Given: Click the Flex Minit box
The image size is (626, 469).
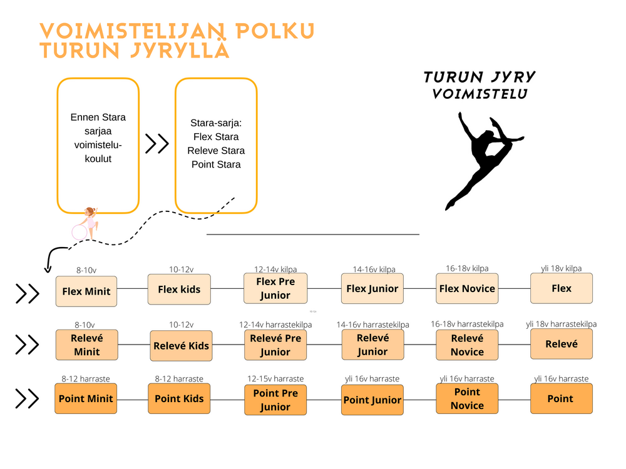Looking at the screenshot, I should point(86,291).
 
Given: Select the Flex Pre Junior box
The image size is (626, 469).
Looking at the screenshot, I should point(275,288).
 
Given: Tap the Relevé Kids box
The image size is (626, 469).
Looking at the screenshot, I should point(181,346).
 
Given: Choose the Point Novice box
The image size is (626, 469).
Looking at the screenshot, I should point(467,398).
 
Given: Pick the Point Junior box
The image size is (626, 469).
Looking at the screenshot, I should point(372,400).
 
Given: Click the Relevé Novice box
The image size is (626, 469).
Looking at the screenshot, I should point(467,345).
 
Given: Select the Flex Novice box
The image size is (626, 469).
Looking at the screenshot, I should point(467,288).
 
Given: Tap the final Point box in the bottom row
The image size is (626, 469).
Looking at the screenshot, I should point(561,398).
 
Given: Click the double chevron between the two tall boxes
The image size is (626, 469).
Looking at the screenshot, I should point(157,143).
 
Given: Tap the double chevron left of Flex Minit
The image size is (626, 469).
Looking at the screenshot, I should point(28,293).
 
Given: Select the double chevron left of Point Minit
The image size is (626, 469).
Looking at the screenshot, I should point(28,398).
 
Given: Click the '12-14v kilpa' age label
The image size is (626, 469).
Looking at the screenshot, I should point(275,269).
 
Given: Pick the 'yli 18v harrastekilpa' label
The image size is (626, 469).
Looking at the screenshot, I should point(561,324).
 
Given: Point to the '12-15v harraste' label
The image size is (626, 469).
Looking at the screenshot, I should point(275,378).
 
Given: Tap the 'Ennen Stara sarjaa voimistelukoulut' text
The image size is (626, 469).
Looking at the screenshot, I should point(98,138).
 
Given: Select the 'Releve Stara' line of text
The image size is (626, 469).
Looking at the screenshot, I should point(216,151).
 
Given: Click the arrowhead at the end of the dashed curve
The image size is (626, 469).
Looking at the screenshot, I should point(47,268).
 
